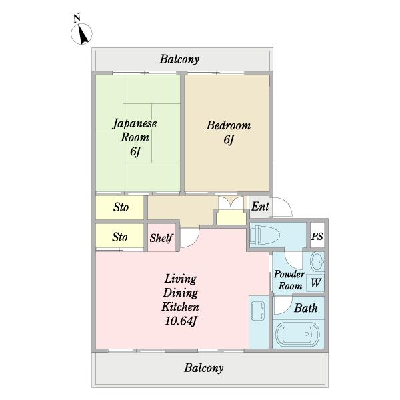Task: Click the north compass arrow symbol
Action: pyautogui.click(x=81, y=34)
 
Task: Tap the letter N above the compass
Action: pyautogui.click(x=77, y=18)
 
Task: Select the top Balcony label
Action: pyautogui.click(x=179, y=59)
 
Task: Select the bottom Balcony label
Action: pyautogui.click(x=204, y=368)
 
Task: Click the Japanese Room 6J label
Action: pyautogui.click(x=135, y=137)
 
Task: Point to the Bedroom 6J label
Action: pyautogui.click(x=229, y=132)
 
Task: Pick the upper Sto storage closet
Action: pyautogui.click(x=119, y=207)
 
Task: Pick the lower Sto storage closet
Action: pyautogui.click(x=119, y=236)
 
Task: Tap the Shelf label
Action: pyautogui.click(x=161, y=238)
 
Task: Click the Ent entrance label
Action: pyautogui.click(x=260, y=207)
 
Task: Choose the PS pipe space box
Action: pyautogui.click(x=317, y=235)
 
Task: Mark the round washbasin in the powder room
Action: pyautogui.click(x=317, y=261)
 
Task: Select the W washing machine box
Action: pyautogui.click(x=315, y=283)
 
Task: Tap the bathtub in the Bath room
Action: pyautogui.click(x=297, y=334)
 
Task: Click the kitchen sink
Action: pyautogui.click(x=259, y=311)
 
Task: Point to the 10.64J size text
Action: pyautogui.click(x=181, y=321)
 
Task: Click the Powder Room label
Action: pyautogui.click(x=289, y=280)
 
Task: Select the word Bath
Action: pyautogui.click(x=305, y=308)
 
